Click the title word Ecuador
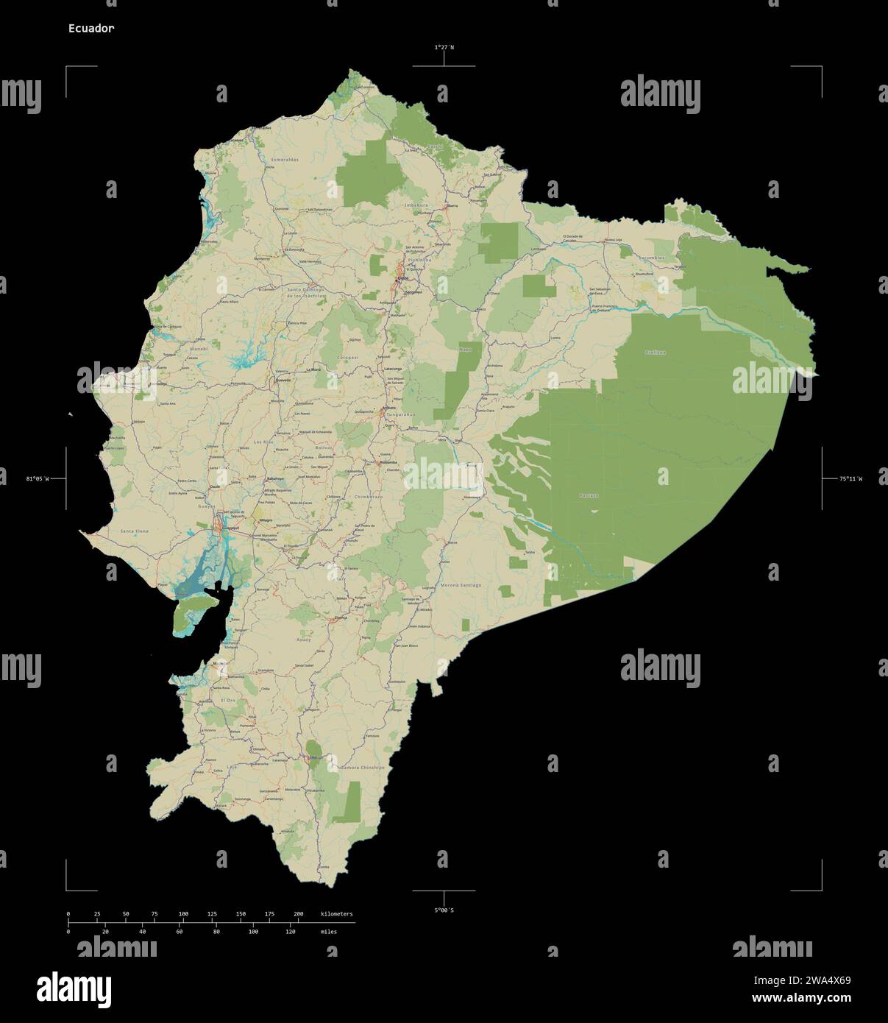(91, 28)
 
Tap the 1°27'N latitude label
(444, 47)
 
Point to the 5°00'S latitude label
(444, 910)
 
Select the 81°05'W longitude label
(38, 479)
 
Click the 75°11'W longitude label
(850, 479)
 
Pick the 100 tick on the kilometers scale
(183, 914)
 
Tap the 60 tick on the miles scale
(180, 932)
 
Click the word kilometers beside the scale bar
(337, 914)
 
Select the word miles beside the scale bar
(329, 932)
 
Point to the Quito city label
(402, 279)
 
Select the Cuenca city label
(340, 618)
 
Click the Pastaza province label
(589, 496)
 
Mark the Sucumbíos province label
(651, 258)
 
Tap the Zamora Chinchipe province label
(363, 768)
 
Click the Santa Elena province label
(135, 531)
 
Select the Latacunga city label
(392, 369)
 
